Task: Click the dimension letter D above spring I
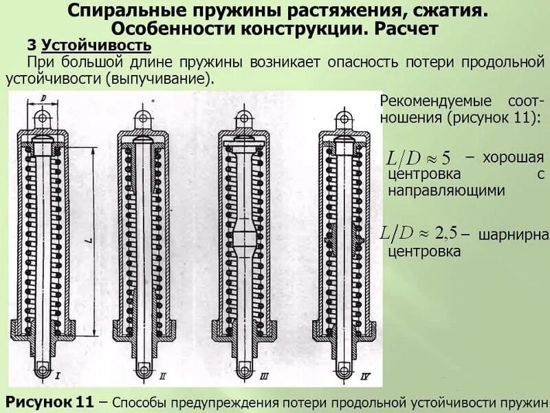43,98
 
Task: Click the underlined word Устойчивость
96,46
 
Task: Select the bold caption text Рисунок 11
49,401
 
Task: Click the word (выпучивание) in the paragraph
159,78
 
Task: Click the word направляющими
447,191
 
